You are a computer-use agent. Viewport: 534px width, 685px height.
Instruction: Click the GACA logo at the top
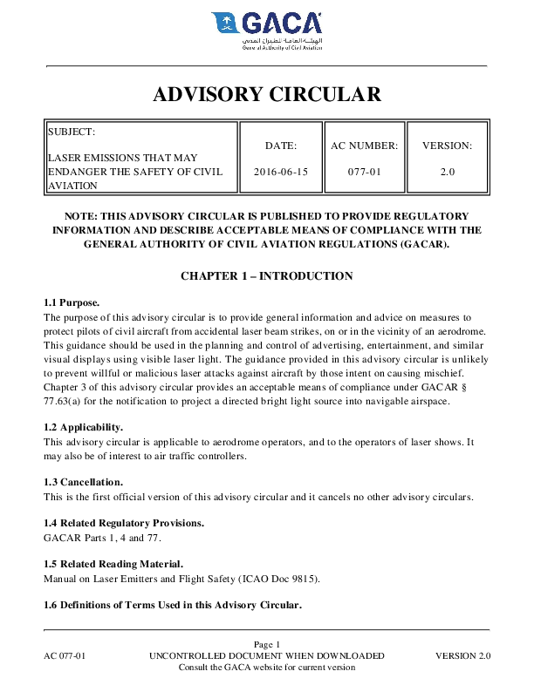pos(266,31)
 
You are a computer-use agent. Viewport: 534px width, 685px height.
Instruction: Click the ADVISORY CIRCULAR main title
pos(267,94)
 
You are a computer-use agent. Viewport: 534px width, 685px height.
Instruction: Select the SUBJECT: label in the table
pos(72,132)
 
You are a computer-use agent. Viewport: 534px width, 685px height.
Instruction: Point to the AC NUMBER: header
pos(365,146)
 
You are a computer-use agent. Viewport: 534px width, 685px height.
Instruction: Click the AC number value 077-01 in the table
pos(365,172)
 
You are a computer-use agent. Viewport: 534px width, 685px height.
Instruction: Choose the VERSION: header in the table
pos(447,146)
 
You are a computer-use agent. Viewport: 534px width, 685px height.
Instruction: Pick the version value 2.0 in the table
pos(447,172)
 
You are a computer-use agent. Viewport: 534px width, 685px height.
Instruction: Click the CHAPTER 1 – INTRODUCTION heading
pos(267,276)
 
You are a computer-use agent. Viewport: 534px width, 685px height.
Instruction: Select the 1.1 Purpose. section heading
pos(72,302)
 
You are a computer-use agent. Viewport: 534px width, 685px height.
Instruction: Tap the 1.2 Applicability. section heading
pos(84,427)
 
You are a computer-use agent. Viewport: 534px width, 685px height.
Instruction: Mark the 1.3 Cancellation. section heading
pos(84,482)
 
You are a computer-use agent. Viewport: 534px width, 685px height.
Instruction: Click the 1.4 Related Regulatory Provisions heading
pos(124,523)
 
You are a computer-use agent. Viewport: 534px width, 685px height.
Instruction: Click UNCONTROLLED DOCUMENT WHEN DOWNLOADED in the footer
pos(267,655)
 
